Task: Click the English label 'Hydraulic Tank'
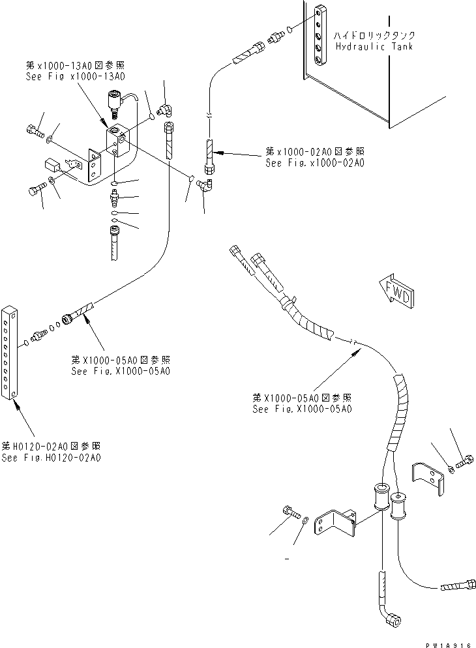coord(374,46)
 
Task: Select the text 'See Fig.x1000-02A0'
coord(315,163)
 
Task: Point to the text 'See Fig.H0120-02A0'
coord(51,458)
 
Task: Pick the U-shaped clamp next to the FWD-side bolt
coord(428,477)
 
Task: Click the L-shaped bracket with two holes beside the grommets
coord(335,524)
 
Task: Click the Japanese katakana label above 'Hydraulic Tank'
coord(374,36)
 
